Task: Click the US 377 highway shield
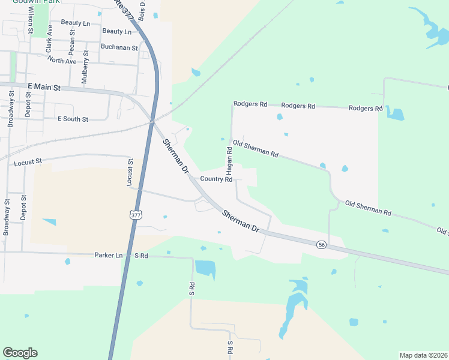[x=136, y=215]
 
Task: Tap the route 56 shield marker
[x=322, y=244]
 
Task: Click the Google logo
[x=20, y=353]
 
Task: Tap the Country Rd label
[x=216, y=179]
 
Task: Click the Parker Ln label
[x=108, y=255]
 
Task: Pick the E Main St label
[x=44, y=87]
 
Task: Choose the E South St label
[x=73, y=119]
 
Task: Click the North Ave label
[x=62, y=61]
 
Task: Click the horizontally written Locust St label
[x=28, y=161]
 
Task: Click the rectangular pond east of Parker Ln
[x=205, y=269]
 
